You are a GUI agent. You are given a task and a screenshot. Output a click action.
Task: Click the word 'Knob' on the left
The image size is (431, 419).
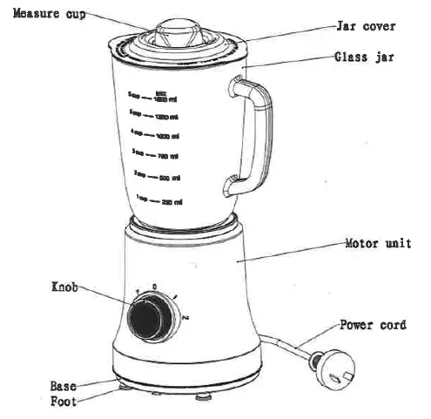click(65, 285)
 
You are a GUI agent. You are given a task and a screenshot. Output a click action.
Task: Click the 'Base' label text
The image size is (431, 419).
click(64, 384)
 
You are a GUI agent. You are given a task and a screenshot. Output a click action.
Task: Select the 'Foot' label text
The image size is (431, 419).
click(64, 401)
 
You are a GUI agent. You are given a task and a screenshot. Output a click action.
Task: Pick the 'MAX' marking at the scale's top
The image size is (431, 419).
click(160, 91)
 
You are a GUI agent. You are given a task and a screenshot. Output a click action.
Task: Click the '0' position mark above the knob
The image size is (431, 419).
click(154, 286)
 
